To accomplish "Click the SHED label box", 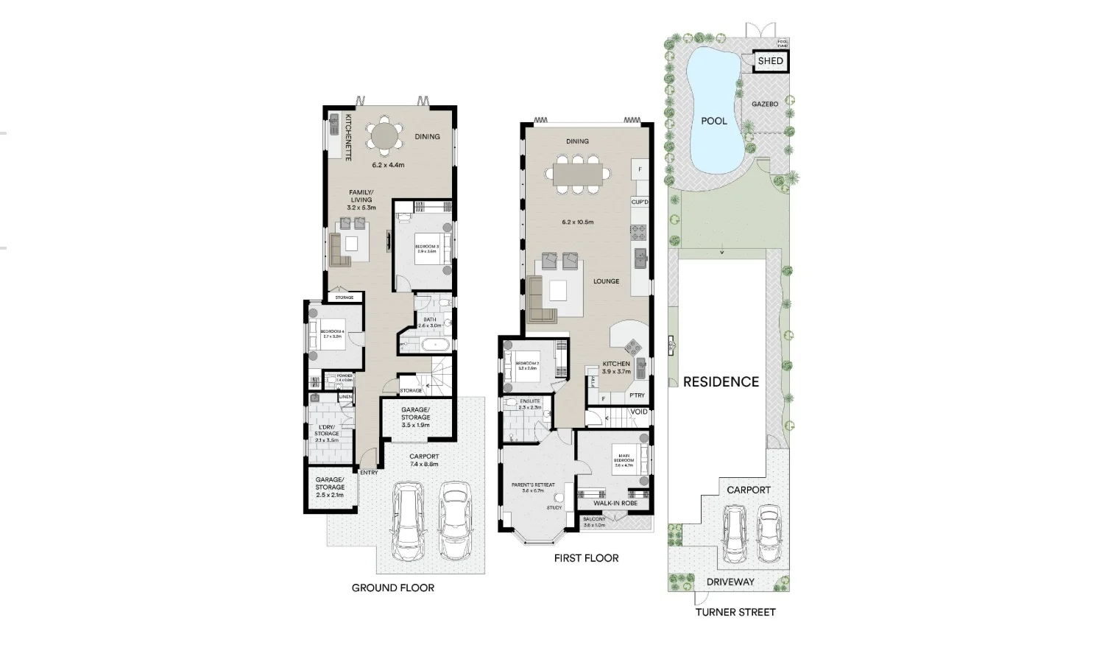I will (x=770, y=61).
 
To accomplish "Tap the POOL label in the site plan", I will (x=713, y=121).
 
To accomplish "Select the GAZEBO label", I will (x=764, y=105).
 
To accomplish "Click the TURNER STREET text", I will (x=735, y=612).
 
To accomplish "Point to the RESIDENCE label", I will (x=721, y=381).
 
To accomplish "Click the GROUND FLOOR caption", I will (x=392, y=588).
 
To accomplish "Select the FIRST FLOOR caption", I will (x=586, y=558).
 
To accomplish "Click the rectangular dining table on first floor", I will (x=578, y=174).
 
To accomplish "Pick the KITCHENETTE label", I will (x=348, y=138).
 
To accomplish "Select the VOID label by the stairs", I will (x=639, y=412).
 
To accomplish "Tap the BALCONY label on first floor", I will (x=594, y=519).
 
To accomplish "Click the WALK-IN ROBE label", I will (x=615, y=504).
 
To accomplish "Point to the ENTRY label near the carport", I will (x=369, y=473).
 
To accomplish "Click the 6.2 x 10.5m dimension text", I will (x=577, y=222).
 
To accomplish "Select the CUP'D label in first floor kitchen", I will (x=639, y=202).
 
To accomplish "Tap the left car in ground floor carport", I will (x=407, y=522).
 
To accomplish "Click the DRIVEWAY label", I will (x=730, y=582).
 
